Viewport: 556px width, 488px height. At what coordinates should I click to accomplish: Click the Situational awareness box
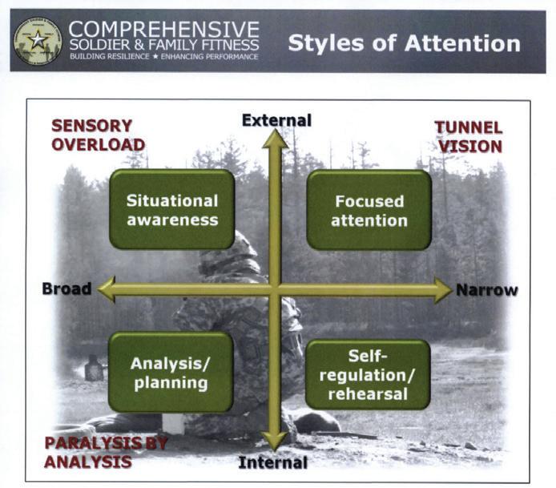[x=171, y=209]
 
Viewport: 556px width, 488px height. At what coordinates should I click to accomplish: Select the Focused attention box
[x=369, y=209]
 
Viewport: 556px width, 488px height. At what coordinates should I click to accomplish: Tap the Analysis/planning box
[x=171, y=372]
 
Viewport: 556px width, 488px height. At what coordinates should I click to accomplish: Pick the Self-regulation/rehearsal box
[x=368, y=373]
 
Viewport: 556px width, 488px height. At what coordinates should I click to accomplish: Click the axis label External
[x=276, y=120]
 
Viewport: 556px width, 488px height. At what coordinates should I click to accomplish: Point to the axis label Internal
[x=274, y=462]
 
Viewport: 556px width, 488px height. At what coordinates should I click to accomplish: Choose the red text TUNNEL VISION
[x=468, y=136]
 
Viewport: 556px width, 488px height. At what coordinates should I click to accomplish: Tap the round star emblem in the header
[x=37, y=41]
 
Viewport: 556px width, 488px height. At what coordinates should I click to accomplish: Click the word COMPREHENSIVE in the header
[x=163, y=30]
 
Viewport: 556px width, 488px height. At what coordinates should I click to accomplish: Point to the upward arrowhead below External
[x=275, y=139]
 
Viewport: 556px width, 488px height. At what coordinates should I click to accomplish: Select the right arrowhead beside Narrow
[x=442, y=290]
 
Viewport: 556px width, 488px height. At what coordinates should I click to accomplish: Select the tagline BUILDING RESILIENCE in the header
[x=110, y=57]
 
